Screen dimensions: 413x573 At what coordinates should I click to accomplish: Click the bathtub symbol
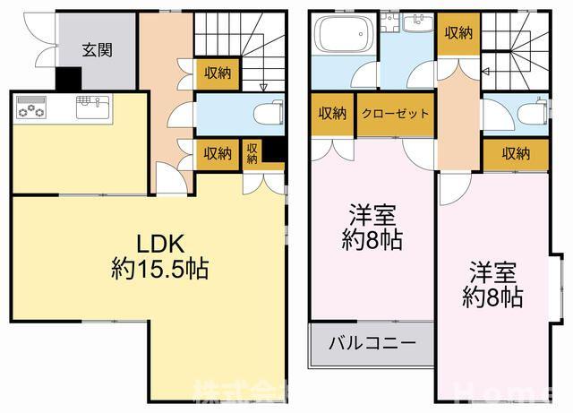[x=344, y=37]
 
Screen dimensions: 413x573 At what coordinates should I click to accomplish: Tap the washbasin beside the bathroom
[x=417, y=26]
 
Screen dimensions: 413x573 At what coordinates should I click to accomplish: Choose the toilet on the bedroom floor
[x=532, y=112]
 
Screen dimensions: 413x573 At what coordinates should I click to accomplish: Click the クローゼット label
[x=395, y=114]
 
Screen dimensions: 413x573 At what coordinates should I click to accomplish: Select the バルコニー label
[x=371, y=342]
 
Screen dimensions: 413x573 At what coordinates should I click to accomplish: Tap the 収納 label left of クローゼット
[x=332, y=114]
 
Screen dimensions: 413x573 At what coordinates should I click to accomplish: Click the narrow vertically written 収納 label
[x=252, y=153]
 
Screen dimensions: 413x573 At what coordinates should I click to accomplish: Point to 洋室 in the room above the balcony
[x=374, y=216]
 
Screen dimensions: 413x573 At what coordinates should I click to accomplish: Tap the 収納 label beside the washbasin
[x=458, y=33]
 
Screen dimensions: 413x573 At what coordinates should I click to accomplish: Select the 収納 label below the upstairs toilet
[x=515, y=154]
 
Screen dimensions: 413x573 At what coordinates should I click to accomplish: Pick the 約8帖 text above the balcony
[x=374, y=240]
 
